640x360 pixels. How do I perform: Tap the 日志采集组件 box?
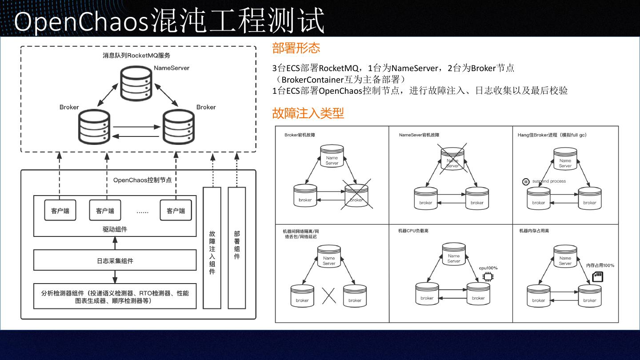tap(115, 260)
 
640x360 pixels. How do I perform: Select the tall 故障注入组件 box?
tap(212, 248)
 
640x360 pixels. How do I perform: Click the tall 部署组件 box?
tap(237, 248)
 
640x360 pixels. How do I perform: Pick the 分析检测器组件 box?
tap(115, 297)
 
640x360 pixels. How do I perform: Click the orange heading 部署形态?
tap(296, 48)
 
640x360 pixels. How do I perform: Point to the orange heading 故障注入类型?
tap(308, 113)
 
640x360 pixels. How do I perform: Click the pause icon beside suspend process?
tap(526, 182)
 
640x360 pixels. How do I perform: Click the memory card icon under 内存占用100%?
tap(598, 277)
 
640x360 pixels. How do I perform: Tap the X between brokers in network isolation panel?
tap(328, 296)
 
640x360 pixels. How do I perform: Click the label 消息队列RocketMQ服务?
tap(136, 56)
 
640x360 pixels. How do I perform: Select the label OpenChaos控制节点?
tap(142, 180)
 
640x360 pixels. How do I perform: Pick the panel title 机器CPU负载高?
tap(413, 231)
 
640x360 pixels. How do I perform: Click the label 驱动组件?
tap(115, 229)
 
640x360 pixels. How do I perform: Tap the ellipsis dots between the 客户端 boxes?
tap(142, 212)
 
